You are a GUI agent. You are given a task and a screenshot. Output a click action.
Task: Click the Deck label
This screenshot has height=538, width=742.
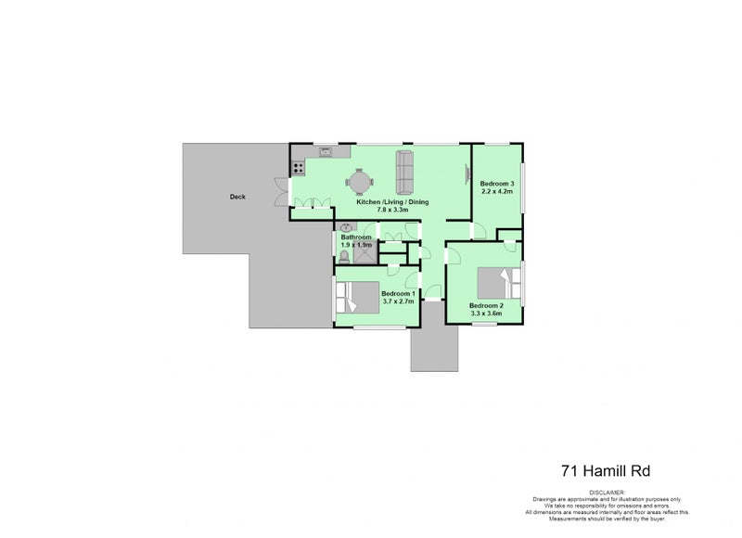pos(237,197)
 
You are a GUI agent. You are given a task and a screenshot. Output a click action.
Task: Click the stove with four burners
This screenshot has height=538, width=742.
pos(300,168)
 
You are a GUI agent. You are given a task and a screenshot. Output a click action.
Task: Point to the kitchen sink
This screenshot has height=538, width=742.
pos(326,150)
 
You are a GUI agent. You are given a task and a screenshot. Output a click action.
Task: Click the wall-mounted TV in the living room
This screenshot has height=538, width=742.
pos(467,169)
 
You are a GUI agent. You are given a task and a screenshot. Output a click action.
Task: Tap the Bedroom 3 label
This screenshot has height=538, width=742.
pos(497,185)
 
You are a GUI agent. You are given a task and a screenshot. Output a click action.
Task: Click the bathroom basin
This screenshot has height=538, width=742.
pos(347,227)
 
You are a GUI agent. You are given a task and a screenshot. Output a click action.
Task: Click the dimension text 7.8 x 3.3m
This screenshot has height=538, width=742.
pos(393,211)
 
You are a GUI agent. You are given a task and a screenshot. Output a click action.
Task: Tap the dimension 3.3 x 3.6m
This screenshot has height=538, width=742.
pos(486,314)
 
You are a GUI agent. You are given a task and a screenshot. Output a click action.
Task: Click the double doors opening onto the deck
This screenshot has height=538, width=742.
pos(279,191)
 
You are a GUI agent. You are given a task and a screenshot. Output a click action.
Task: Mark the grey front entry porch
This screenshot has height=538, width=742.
pos(434,347)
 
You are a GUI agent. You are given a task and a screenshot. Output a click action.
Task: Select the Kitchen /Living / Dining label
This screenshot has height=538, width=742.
pos(393,201)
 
